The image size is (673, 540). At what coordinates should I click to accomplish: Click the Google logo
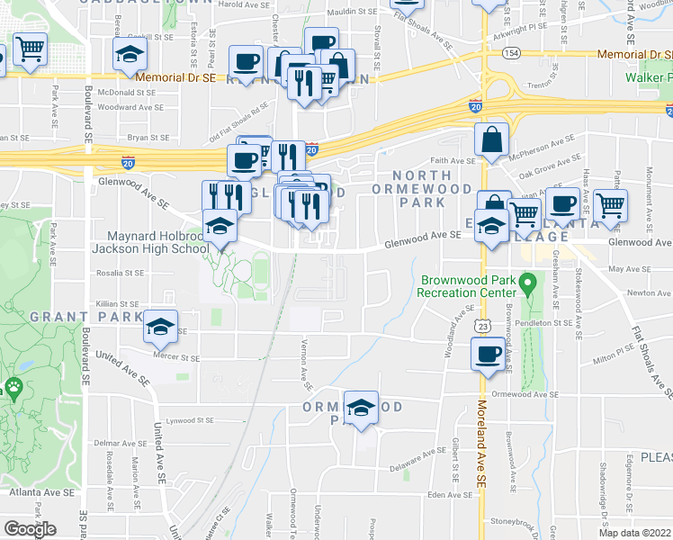pos(30,529)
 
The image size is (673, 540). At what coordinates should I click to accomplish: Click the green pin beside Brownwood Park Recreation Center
pos(530,285)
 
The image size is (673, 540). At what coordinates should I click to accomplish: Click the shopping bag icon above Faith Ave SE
pos(493,139)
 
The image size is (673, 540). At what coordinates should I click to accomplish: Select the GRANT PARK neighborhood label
pos(86,317)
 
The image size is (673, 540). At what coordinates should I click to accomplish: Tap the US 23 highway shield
pos(483,325)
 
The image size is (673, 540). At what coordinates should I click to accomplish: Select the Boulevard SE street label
pos(88,117)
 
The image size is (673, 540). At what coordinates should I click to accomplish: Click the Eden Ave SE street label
pos(451,494)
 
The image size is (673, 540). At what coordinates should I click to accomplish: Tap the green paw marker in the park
pos(13,389)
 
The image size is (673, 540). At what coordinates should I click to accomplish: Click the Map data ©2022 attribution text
pos(622,533)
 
